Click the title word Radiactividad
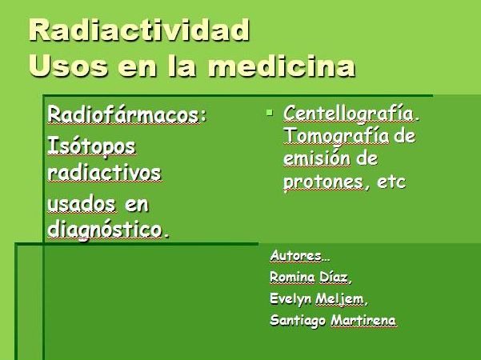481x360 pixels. [139, 30]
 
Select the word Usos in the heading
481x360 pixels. [68, 66]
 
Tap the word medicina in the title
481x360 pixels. [282, 66]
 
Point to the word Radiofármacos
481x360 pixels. [123, 114]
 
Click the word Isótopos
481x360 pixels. [91, 147]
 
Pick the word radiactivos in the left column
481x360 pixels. [104, 173]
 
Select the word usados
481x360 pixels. [82, 204]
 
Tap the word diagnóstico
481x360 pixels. [105, 230]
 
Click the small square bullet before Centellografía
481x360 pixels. [270, 113]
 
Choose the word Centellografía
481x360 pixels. [348, 114]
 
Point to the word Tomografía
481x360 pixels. [336, 136]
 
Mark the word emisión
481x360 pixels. [317, 158]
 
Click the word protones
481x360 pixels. [323, 182]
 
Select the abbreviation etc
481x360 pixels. [391, 182]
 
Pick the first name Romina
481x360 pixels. [292, 278]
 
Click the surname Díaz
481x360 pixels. [334, 278]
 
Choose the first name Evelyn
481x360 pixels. [291, 299]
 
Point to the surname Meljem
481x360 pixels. [339, 299]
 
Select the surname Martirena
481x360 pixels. [363, 321]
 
